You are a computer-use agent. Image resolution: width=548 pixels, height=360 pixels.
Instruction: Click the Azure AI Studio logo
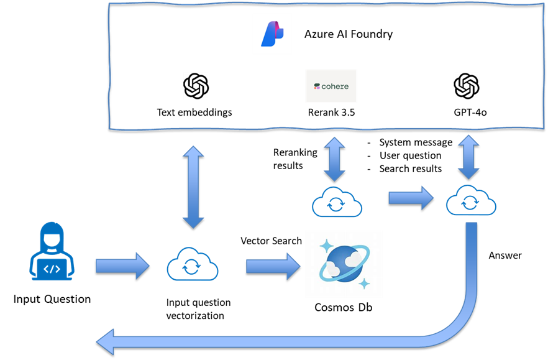point(272,34)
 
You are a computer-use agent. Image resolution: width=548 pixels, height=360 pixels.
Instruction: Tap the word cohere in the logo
point(336,86)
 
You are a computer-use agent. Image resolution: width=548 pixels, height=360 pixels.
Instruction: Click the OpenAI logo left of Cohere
point(196,86)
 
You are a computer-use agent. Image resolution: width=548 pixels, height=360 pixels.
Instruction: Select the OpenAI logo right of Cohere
point(466,86)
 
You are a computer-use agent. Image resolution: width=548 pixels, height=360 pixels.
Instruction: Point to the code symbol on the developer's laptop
point(53,269)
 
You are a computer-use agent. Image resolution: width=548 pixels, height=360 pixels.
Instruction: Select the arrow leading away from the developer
point(122,266)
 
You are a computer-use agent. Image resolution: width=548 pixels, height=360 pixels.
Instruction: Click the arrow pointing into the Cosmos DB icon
point(273,266)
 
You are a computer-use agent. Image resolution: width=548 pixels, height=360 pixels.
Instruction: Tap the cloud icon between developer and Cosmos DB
point(193,267)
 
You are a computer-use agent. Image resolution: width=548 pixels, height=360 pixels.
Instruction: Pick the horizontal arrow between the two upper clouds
point(411,198)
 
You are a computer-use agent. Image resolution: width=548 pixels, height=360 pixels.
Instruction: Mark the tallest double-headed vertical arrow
point(193,187)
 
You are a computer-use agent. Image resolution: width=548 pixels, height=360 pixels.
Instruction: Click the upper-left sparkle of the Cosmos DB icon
point(326,246)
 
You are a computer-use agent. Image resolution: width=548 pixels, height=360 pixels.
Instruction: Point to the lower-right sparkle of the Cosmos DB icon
point(365,284)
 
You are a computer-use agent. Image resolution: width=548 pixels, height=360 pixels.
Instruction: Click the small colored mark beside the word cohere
point(317,86)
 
